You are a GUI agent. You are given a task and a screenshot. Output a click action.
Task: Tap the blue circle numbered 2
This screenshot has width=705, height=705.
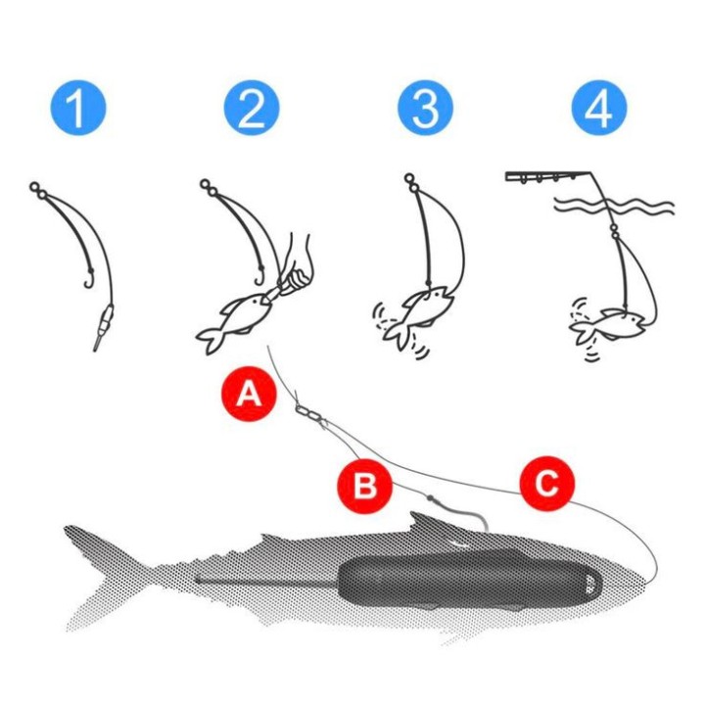pyautogui.click(x=251, y=111)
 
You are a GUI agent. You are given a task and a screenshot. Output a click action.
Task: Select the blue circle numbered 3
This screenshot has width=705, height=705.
pyautogui.click(x=425, y=111)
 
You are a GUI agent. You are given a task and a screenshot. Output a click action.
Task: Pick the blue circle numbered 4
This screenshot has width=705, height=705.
pyautogui.click(x=598, y=111)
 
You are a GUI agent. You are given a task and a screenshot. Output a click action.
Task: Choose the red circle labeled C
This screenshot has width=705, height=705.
pyautogui.click(x=546, y=482)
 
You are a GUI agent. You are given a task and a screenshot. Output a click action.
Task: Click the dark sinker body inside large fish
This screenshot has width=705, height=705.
pyautogui.click(x=470, y=587)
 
